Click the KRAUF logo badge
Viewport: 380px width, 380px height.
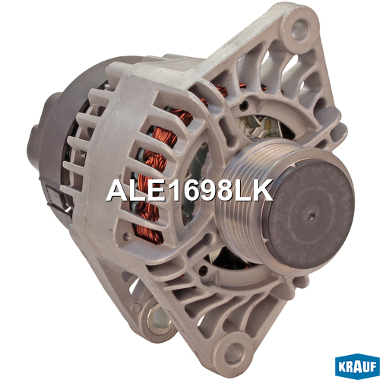[357, 366]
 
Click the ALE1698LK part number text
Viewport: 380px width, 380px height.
[189, 191]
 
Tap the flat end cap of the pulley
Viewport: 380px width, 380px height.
[311, 215]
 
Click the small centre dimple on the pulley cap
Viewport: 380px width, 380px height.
[312, 216]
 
